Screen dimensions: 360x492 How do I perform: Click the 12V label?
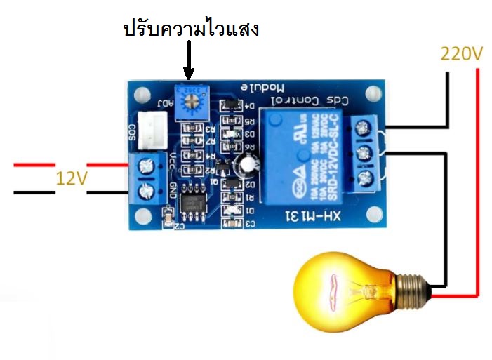(72, 178)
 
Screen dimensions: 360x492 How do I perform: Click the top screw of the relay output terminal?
(363, 128)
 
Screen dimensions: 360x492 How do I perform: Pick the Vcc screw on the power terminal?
(147, 166)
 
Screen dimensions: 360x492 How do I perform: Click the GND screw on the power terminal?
(147, 189)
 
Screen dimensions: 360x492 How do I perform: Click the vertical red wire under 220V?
(477, 175)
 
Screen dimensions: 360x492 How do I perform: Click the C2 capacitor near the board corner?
(166, 220)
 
